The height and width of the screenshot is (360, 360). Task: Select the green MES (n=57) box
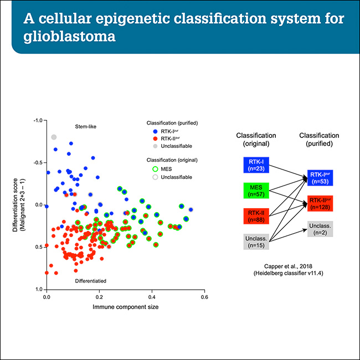255,189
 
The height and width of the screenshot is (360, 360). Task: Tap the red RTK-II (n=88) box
255,215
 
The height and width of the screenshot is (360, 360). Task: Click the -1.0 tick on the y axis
38,120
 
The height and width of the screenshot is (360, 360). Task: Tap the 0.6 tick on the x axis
204,297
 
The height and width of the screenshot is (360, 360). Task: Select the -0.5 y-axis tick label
38,163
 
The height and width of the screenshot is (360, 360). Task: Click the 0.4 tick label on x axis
152,297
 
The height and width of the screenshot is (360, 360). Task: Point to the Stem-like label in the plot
86,127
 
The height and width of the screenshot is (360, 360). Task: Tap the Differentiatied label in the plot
91,281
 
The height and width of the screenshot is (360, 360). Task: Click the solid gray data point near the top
54,137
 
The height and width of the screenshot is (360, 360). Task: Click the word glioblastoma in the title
72,39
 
